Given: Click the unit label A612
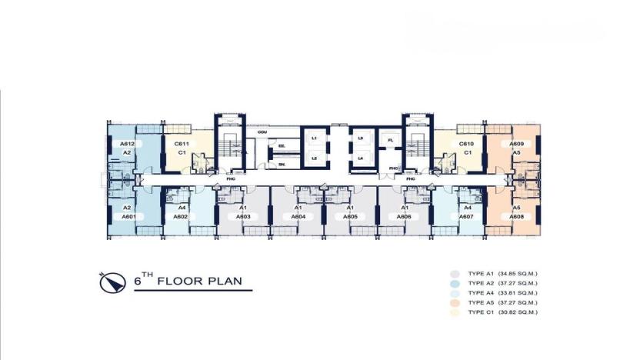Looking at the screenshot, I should [128, 144].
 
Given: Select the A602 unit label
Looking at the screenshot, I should [181, 217].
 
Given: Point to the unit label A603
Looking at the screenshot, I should [243, 217].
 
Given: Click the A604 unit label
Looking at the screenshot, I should [298, 217].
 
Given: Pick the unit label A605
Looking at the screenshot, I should [350, 217].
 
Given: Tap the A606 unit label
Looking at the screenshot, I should [405, 217].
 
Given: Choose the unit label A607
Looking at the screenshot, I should [465, 217].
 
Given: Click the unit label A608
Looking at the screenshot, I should [517, 217].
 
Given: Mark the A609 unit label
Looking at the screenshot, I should [517, 144].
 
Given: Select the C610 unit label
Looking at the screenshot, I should [466, 144].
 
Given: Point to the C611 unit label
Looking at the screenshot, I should [182, 144].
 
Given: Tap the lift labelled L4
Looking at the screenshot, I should [360, 158].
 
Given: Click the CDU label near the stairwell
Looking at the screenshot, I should [262, 132].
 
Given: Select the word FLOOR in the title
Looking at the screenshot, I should [182, 282].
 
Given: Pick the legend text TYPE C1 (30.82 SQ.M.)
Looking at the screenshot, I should [507, 312].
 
